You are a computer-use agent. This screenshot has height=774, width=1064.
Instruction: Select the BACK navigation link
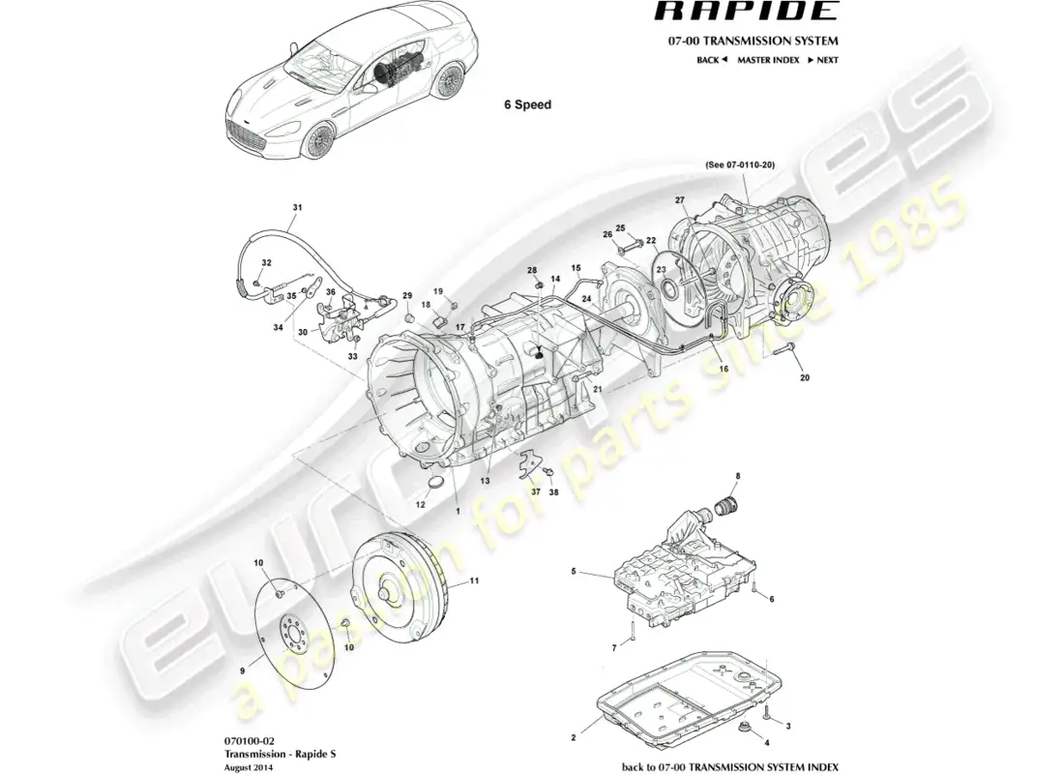coord(711,60)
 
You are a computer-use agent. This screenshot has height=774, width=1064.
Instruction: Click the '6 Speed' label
coord(527,104)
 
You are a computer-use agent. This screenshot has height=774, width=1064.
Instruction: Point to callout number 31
coord(298,208)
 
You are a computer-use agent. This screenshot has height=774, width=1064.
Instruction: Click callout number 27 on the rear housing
coord(680,200)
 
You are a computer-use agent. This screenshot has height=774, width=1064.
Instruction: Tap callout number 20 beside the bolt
coord(805,378)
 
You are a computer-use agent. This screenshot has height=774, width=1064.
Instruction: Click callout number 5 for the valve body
coord(574,572)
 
